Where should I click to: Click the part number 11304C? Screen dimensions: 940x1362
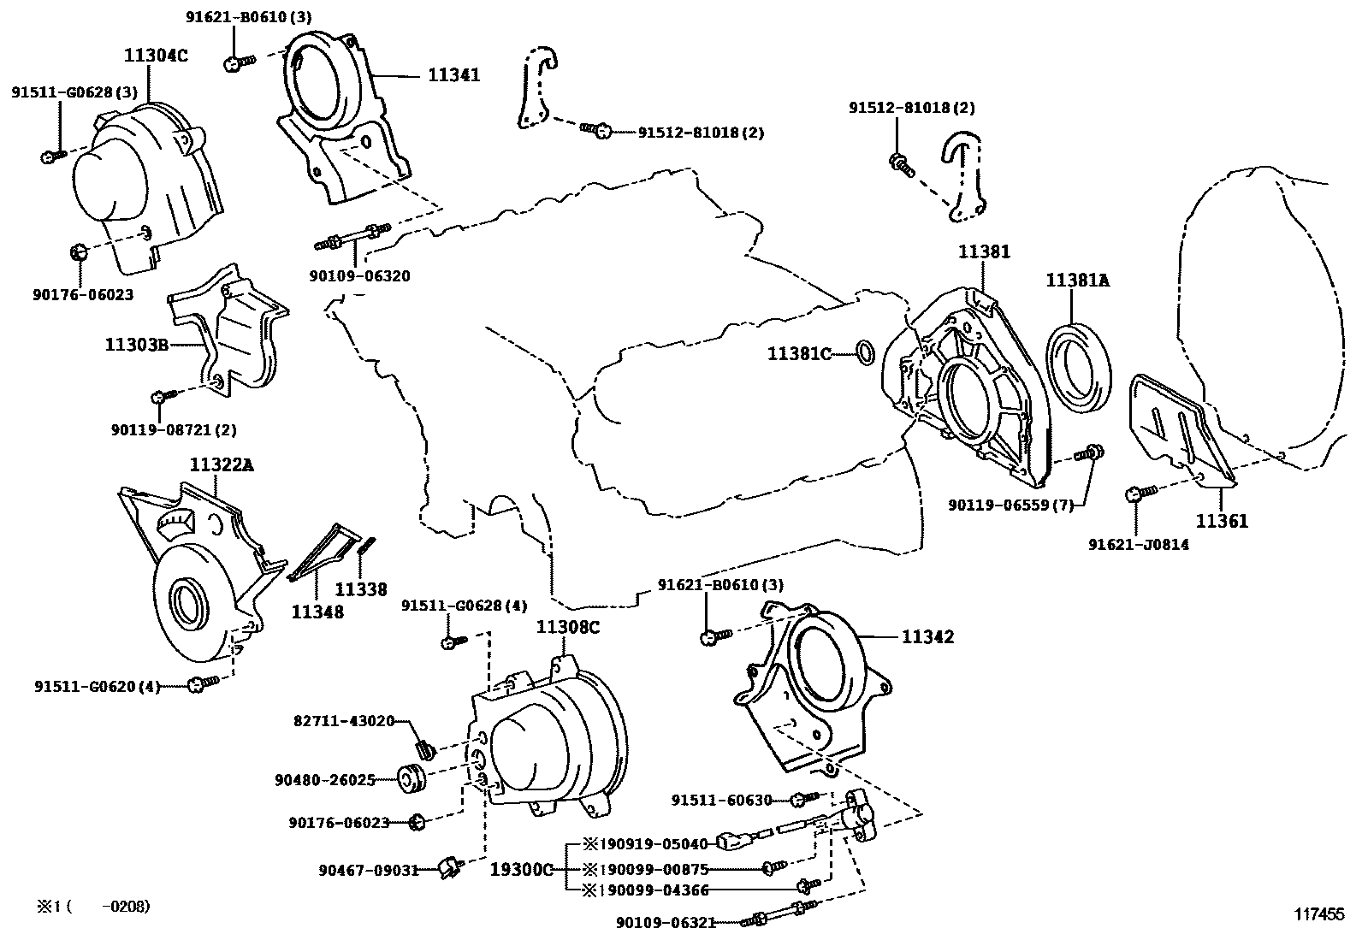click(156, 56)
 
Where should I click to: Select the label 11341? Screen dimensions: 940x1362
click(453, 75)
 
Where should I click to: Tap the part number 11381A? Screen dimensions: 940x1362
click(1077, 280)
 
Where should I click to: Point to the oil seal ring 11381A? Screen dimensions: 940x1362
click(1081, 362)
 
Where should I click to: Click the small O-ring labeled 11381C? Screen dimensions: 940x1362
click(865, 352)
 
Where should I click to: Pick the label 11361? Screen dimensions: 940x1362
click(1222, 520)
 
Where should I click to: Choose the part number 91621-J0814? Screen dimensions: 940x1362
click(1138, 544)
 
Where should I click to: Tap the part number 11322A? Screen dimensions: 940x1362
click(222, 464)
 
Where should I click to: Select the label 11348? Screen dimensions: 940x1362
click(317, 612)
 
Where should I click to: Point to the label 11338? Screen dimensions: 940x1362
click(360, 589)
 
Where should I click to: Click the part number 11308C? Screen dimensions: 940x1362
click(568, 627)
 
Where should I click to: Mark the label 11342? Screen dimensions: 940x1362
click(927, 637)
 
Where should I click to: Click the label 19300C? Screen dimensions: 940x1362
click(522, 869)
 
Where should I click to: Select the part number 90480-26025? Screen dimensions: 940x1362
click(325, 780)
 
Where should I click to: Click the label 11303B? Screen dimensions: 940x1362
click(136, 345)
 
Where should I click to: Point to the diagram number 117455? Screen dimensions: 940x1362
click(1318, 914)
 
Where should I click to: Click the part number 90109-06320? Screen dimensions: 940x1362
click(359, 276)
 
